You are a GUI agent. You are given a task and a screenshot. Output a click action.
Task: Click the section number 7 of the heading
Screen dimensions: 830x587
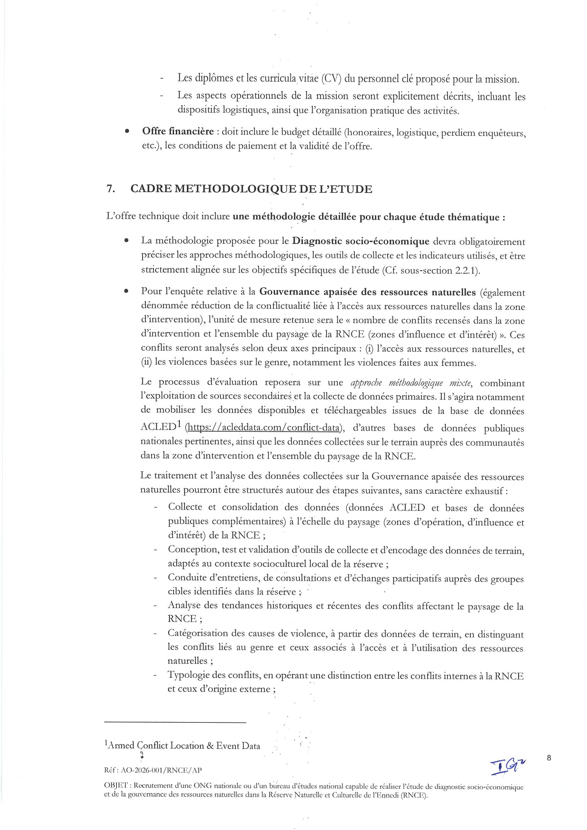110,189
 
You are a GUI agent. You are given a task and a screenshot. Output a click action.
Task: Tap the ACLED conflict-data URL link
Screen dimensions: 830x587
263,428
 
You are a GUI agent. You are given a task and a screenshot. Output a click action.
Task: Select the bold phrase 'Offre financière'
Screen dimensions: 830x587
178,132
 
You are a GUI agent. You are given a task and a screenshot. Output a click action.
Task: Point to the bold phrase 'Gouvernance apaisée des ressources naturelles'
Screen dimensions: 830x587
368,292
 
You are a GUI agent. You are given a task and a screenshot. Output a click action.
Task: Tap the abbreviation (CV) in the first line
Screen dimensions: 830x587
331,78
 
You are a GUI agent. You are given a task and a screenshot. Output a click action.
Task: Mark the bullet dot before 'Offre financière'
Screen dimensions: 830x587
126,132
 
